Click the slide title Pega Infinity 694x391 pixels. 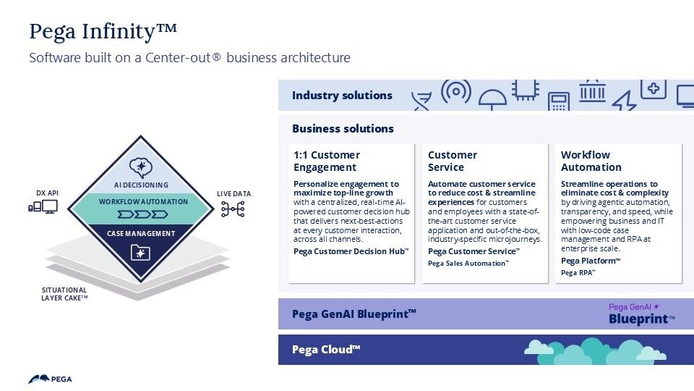[103, 31]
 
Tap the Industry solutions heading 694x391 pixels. [342, 95]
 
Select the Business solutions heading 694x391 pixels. [343, 128]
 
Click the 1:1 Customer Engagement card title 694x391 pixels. [326, 161]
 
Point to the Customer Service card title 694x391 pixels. [453, 161]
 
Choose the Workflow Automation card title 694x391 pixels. [591, 161]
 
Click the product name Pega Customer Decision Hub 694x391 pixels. [351, 251]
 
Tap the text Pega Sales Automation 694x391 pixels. [468, 264]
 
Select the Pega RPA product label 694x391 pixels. [578, 272]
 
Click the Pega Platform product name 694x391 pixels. [591, 261]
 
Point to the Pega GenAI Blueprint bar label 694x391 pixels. [354, 314]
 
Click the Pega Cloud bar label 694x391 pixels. [326, 350]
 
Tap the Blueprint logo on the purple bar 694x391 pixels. [641, 314]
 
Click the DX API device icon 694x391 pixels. [43, 208]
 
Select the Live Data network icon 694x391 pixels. [233, 209]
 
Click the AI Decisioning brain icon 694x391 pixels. [140, 168]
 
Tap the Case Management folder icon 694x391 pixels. [140, 252]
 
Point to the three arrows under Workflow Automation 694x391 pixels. [142, 214]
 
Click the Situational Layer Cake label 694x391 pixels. [64, 293]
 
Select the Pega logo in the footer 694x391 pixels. [50, 379]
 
